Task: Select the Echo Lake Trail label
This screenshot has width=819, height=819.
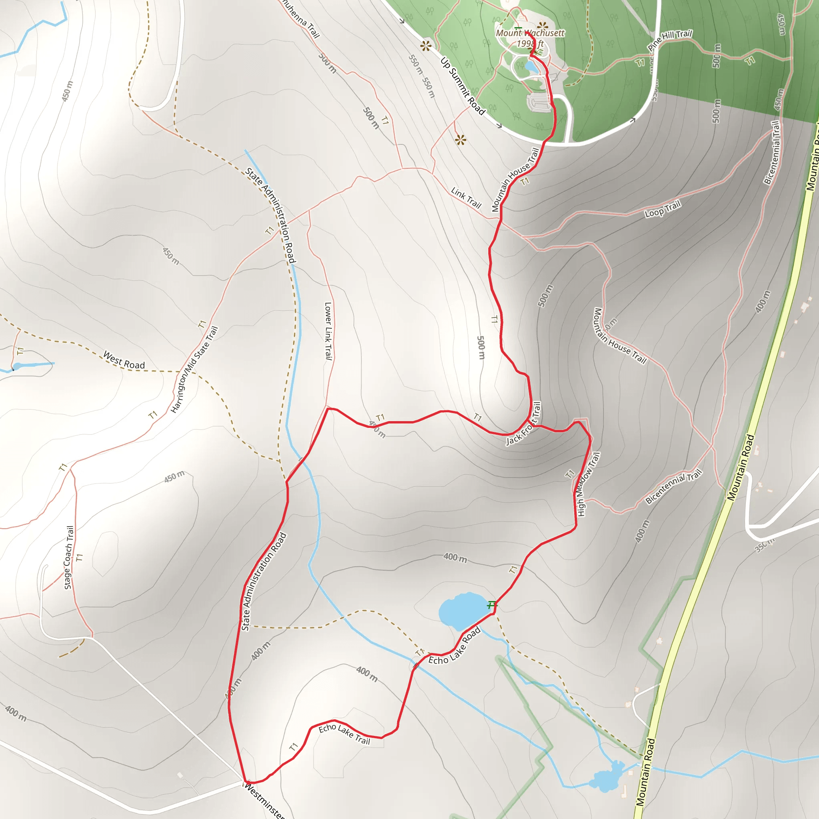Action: click(x=344, y=734)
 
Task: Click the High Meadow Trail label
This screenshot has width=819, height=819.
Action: click(x=588, y=484)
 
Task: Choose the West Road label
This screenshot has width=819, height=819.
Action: click(x=124, y=360)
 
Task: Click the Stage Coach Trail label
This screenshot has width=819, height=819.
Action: click(x=69, y=557)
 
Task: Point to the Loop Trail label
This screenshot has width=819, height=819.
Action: click(x=662, y=209)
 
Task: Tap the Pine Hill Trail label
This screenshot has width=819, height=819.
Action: click(x=669, y=40)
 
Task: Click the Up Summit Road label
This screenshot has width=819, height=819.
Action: click(x=463, y=86)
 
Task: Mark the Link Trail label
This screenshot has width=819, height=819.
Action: click(x=466, y=198)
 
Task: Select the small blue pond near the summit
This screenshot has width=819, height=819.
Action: click(x=530, y=66)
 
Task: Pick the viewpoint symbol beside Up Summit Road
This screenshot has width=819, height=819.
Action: click(x=425, y=46)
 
